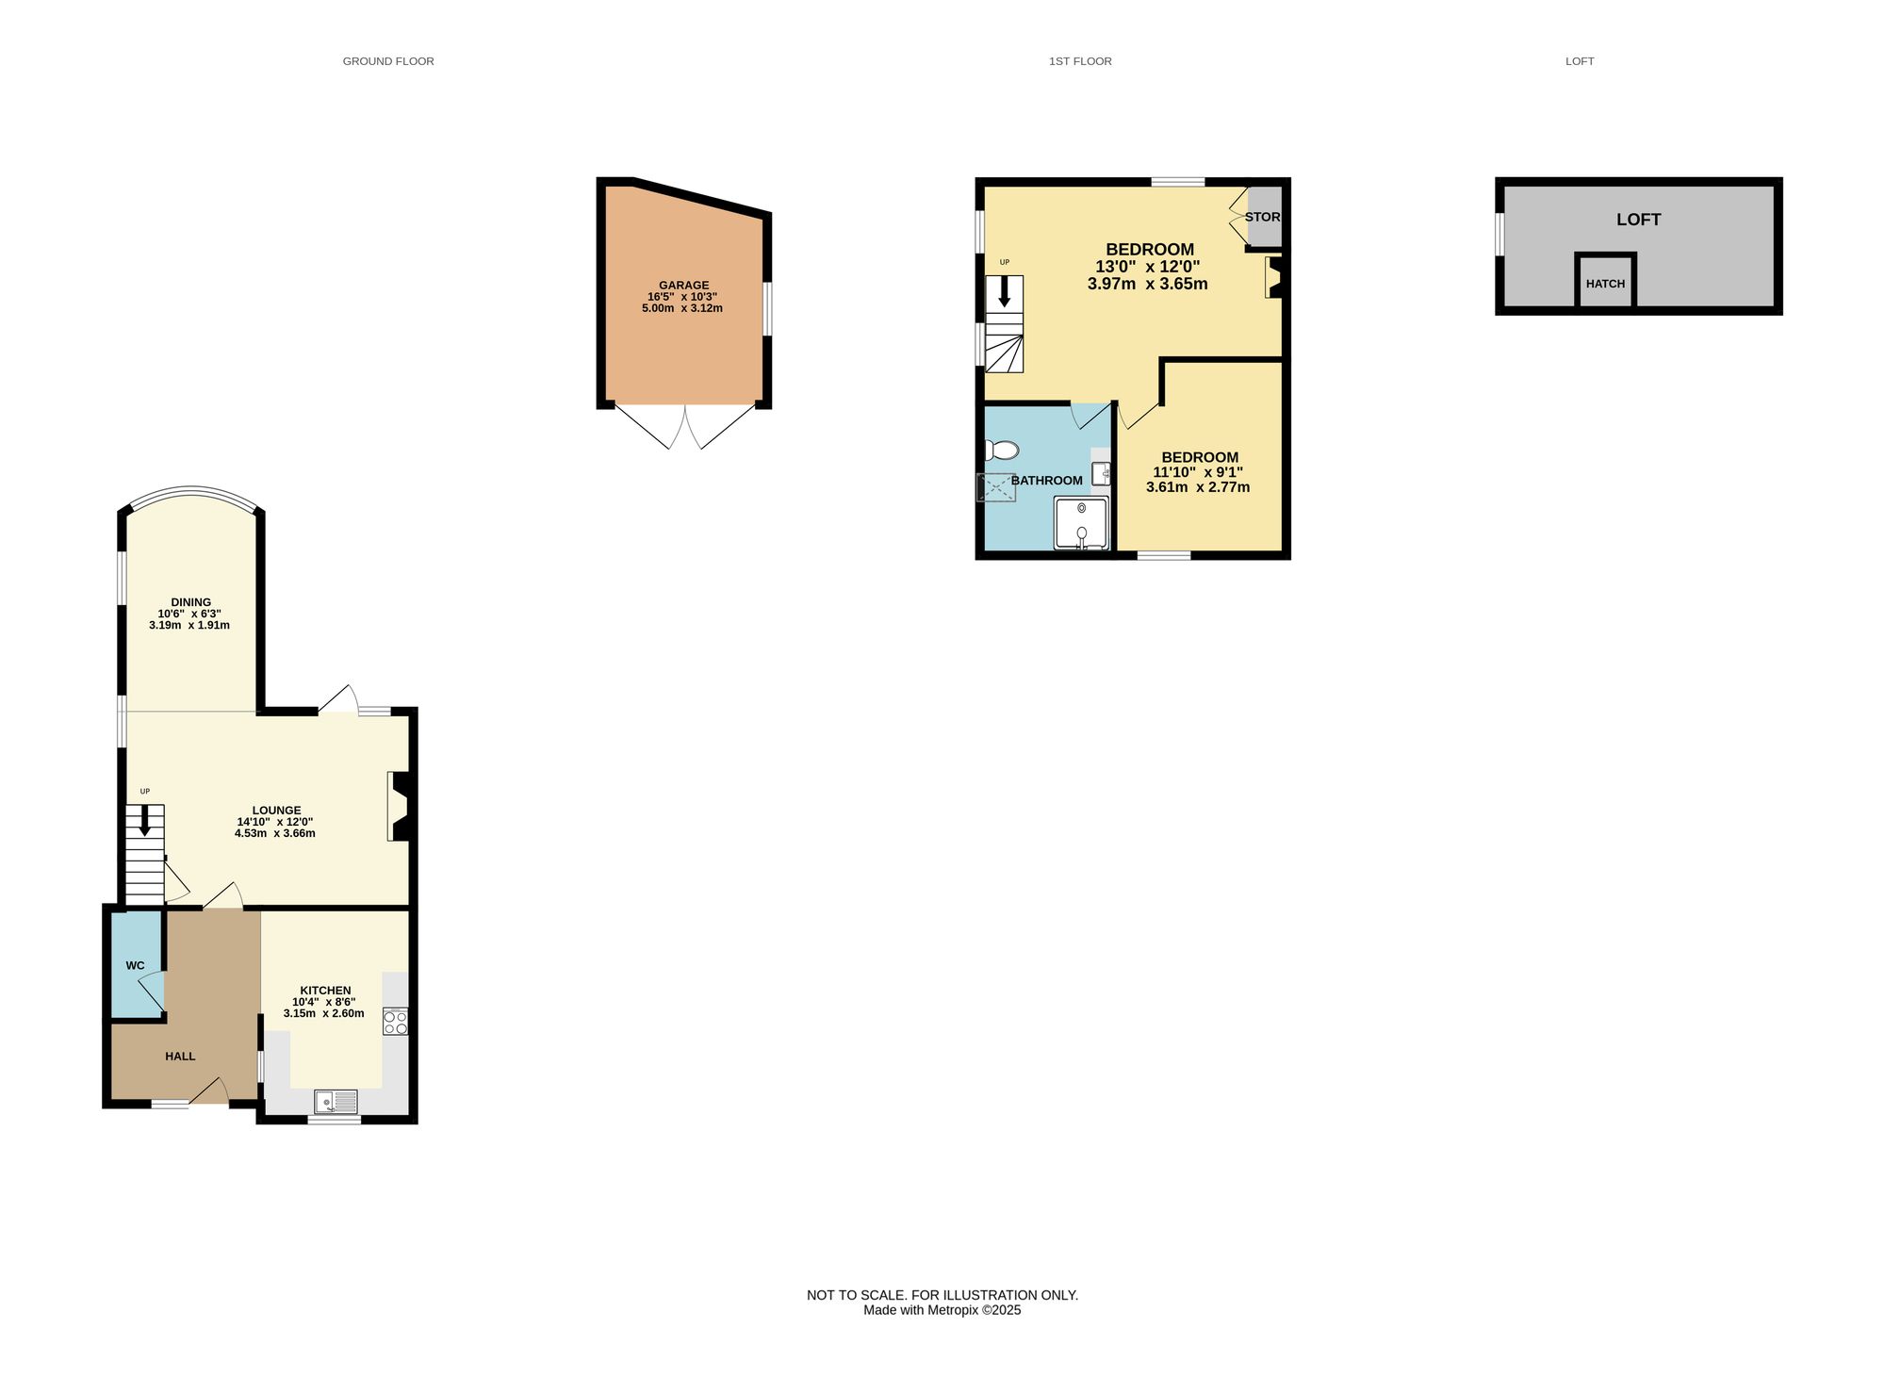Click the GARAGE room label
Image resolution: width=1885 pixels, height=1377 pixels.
683,285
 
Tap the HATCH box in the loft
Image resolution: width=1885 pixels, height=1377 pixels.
1605,283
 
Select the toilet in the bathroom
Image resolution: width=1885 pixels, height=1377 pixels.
1002,451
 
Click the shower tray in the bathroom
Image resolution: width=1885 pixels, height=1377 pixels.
1081,523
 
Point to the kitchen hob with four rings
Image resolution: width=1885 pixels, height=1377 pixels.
395,1022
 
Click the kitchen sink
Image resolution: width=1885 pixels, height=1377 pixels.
336,1101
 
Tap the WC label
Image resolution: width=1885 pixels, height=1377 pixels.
135,965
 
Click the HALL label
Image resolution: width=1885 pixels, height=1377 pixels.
180,1057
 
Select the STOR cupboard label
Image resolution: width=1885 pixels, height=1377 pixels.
1262,217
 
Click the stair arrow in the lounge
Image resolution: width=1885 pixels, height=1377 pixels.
144,820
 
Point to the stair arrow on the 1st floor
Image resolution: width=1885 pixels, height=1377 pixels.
1004,290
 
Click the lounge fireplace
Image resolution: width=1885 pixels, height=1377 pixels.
399,806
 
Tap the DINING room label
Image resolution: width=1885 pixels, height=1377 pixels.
190,602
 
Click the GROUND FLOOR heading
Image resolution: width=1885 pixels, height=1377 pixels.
388,61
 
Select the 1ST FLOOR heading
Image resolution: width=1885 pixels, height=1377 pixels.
1080,61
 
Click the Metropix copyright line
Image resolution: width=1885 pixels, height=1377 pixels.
942,1310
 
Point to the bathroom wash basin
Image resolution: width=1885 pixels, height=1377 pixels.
1100,473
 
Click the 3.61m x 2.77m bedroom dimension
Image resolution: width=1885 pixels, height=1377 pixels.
1197,487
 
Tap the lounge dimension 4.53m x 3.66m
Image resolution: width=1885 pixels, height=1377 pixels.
274,833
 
